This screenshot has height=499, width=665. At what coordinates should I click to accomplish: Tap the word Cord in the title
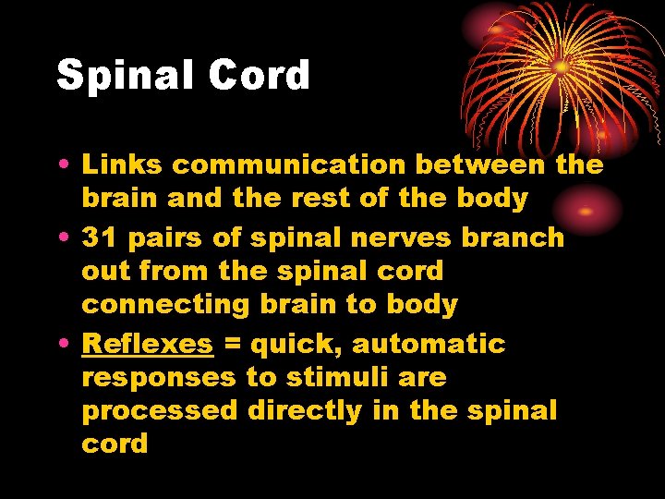[x=260, y=76]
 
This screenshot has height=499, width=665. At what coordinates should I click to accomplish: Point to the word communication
[x=289, y=165]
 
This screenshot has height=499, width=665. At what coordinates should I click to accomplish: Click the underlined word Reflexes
[x=148, y=345]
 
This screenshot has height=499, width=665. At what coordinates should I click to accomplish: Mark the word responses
[x=159, y=378]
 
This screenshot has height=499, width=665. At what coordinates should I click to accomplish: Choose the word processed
[x=160, y=411]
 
